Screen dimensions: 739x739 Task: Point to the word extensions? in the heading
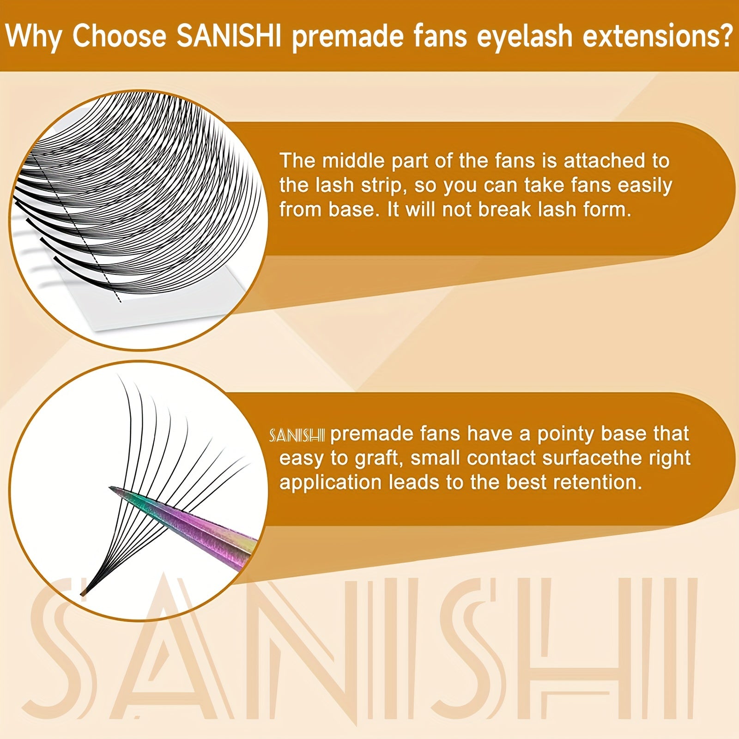coord(658,36)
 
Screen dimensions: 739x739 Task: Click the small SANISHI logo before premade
coord(297,435)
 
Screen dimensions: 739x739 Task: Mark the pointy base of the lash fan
coord(84,592)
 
